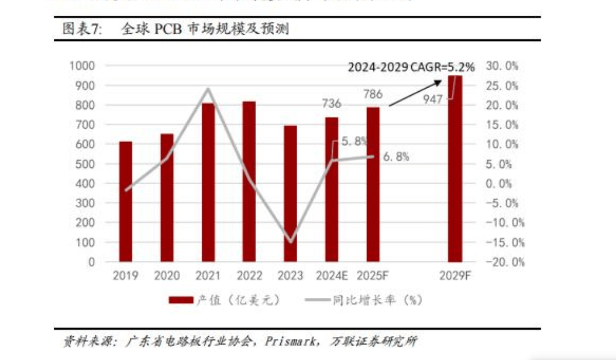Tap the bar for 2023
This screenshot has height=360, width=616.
pyautogui.click(x=290, y=193)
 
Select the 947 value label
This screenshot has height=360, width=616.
pyautogui.click(x=433, y=99)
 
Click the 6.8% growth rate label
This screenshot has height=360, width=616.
pyautogui.click(x=396, y=156)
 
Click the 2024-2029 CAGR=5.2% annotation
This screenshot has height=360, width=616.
pyautogui.click(x=411, y=67)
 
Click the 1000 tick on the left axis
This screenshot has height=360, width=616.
pyautogui.click(x=82, y=66)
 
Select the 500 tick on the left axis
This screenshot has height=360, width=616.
pyautogui.click(x=85, y=164)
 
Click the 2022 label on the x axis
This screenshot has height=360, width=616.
pyautogui.click(x=249, y=276)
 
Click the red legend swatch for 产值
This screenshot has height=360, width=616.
pyautogui.click(x=181, y=300)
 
